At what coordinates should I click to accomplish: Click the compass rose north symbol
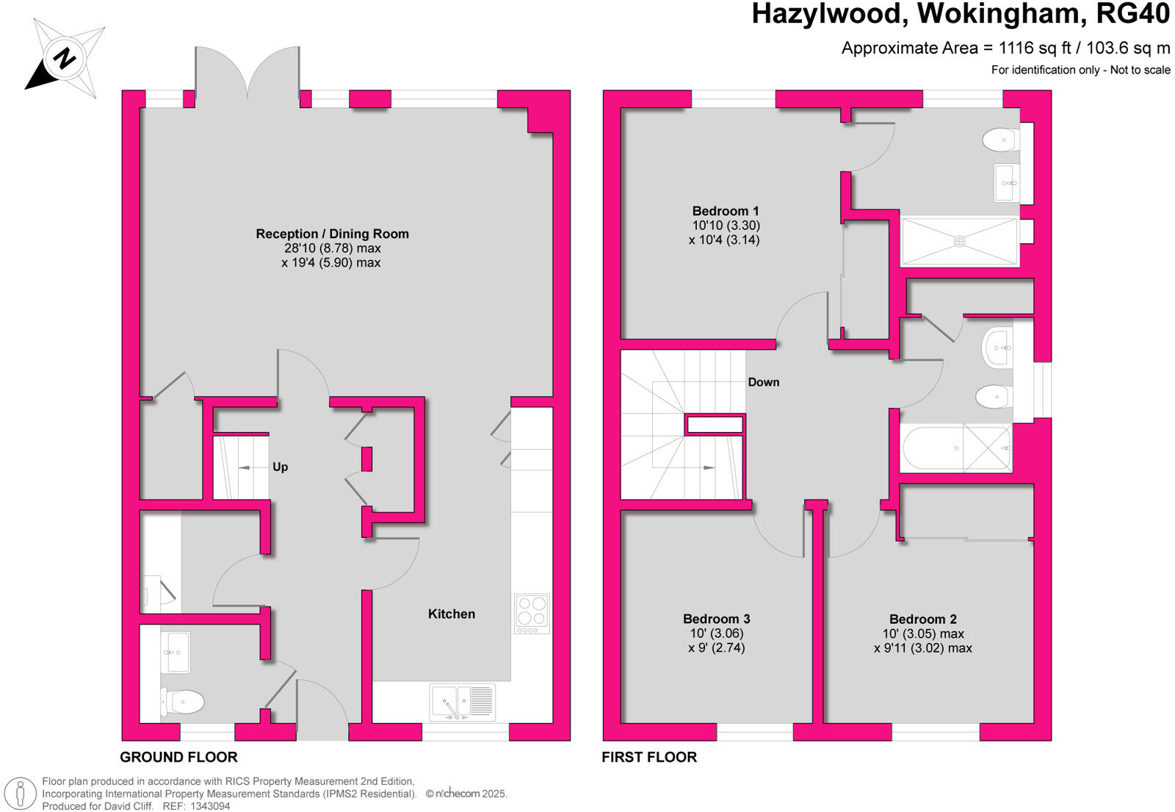pos(65,58)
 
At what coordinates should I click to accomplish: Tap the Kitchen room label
pos(451,614)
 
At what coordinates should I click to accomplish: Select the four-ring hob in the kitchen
pos(532,614)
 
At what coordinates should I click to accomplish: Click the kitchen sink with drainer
pos(462,702)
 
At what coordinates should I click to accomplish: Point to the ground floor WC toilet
pos(182,702)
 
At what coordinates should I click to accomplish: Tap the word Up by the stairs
pos(280,467)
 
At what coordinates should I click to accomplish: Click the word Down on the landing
pos(763,382)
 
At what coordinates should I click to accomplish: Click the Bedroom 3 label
pos(716,619)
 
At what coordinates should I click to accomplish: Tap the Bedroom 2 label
pos(922,619)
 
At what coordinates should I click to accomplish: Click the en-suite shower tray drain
pos(959,240)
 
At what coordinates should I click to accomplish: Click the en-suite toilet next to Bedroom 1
pos(999,139)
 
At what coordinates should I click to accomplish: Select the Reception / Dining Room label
pos(332,234)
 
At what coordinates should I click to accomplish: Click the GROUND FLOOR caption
pos(178,757)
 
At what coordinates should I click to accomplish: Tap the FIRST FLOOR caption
pos(649,757)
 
